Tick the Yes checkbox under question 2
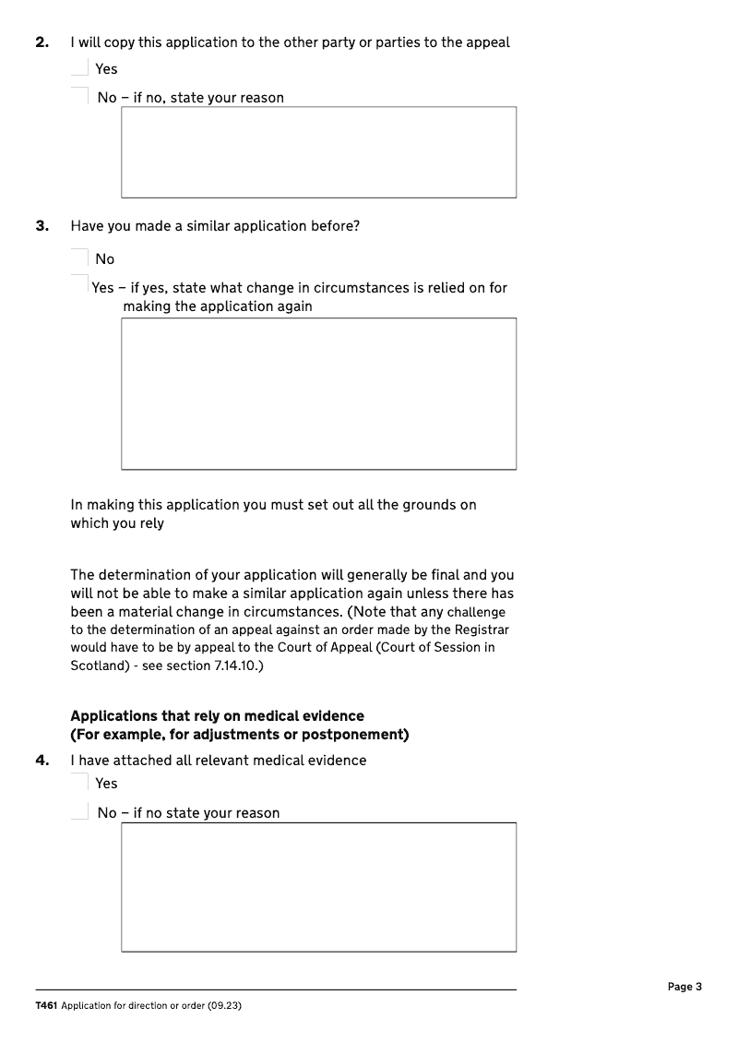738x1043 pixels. (x=80, y=68)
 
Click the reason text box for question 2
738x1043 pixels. (x=318, y=152)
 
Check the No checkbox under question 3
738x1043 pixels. (x=80, y=259)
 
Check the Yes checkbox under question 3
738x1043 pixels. (x=80, y=287)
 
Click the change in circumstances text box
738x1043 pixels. (x=318, y=394)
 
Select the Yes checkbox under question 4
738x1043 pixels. (x=80, y=783)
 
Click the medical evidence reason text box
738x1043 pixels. (x=318, y=887)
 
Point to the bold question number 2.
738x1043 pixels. (x=42, y=42)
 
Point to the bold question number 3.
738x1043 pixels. (x=42, y=226)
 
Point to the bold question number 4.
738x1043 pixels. (x=42, y=761)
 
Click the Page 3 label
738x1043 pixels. (x=684, y=987)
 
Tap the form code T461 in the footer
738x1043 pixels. (x=46, y=1005)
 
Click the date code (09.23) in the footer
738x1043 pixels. (x=224, y=1005)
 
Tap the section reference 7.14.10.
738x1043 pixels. (x=236, y=665)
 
